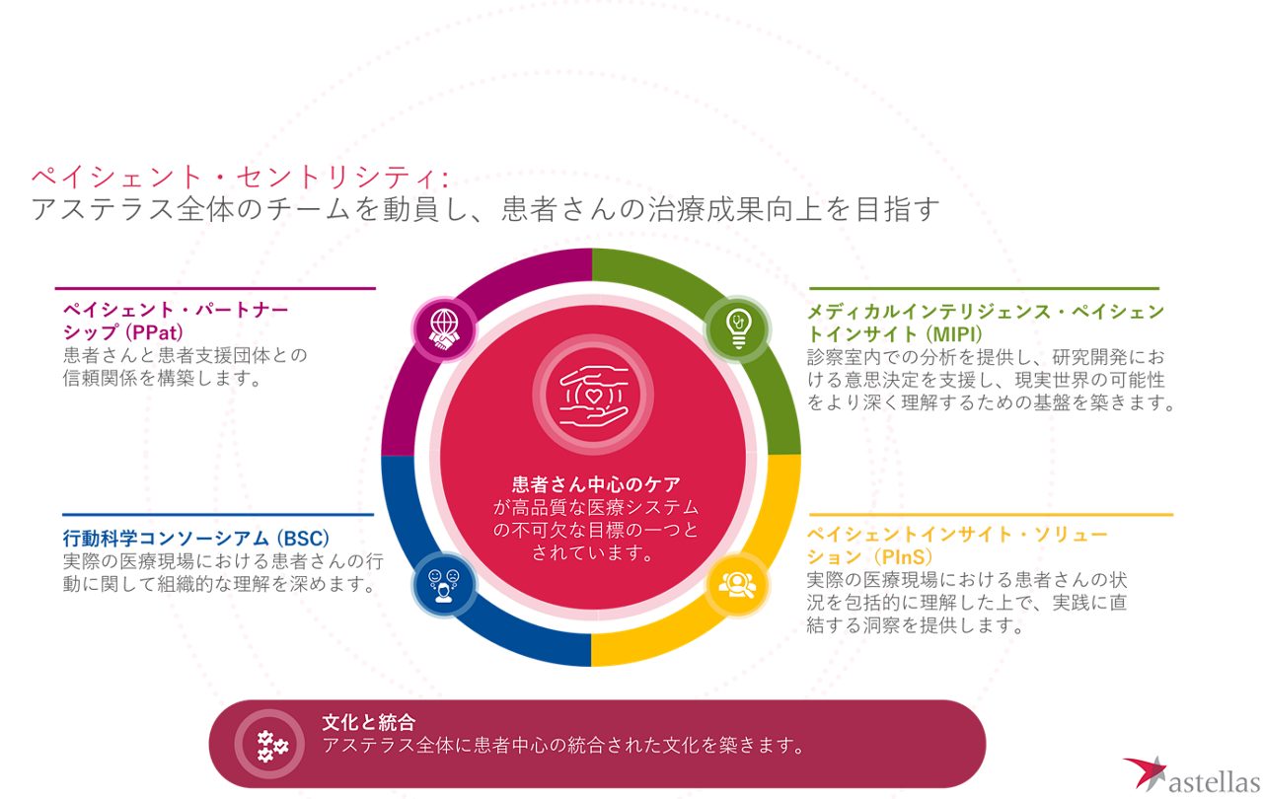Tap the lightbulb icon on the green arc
(737, 328)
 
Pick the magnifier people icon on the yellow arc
(737, 583)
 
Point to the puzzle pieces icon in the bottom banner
(269, 744)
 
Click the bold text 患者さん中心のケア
(596, 484)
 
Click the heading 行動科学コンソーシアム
(167, 539)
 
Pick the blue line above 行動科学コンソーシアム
(218, 515)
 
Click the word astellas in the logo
(1214, 780)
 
